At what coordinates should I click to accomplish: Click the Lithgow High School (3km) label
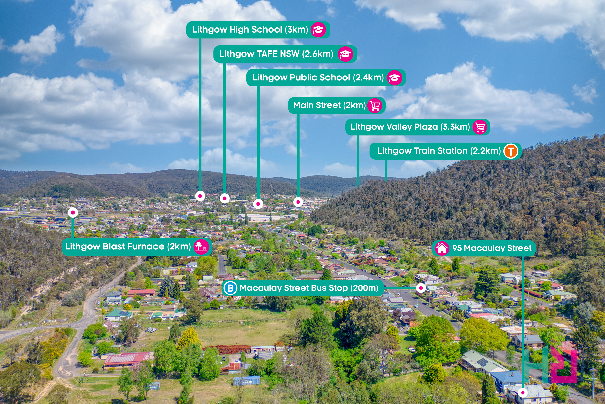258,30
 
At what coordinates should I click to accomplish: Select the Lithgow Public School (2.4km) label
326,78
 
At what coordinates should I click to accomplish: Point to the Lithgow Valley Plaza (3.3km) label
418,127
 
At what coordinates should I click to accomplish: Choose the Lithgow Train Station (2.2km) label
445,151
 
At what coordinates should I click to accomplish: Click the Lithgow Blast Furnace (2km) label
137,247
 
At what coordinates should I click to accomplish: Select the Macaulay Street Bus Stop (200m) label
302,288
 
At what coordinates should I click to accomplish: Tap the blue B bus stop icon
230,288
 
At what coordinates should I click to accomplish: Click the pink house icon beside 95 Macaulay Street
442,248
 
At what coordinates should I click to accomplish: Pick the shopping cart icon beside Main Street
375,105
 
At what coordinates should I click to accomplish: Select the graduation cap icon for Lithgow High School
318,30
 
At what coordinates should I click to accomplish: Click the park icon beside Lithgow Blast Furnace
201,247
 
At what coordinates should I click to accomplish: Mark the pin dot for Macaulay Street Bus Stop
421,288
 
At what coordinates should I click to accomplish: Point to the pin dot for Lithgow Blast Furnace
73,213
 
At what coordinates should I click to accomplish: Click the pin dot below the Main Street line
298,202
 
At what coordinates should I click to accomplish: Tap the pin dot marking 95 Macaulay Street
523,393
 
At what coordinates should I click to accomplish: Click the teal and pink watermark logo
551,362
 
